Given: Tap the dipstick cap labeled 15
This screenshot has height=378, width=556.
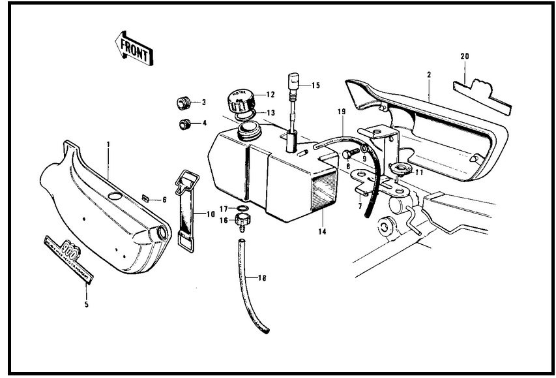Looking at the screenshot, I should tap(293, 83).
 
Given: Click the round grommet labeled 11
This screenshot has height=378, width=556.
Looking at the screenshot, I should tap(398, 168).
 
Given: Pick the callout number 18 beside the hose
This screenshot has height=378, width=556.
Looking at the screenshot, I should tap(262, 279).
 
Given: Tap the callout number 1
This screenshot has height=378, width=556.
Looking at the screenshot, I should tap(108, 143).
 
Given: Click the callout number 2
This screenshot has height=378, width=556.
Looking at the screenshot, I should tap(429, 76).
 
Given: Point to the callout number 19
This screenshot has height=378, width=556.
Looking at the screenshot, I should tap(341, 112).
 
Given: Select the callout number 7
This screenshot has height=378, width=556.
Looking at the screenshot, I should tap(359, 206).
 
